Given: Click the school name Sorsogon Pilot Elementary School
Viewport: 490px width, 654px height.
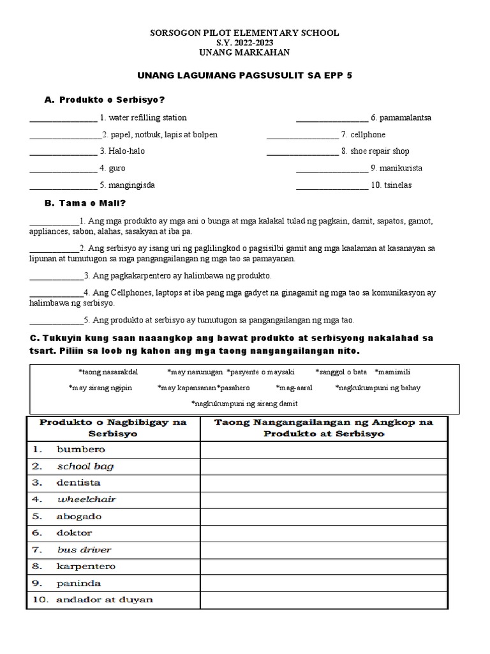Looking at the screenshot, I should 244,33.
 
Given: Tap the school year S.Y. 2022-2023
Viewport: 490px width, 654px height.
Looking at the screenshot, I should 244,43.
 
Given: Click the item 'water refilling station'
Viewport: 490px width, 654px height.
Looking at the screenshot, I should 147,118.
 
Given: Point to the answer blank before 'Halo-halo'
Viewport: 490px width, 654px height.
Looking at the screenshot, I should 63,152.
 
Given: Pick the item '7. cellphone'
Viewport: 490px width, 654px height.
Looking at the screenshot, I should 363,135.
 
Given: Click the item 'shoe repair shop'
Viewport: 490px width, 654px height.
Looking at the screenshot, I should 380,151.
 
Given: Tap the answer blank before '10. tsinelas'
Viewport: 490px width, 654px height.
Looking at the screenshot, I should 332,186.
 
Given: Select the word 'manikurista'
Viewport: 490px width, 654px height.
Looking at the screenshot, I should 400,169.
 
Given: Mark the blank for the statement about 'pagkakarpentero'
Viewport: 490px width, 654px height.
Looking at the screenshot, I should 56,277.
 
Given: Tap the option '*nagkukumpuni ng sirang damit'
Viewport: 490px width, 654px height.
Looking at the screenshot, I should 244,404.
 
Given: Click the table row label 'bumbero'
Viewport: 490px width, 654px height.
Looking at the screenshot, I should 81,449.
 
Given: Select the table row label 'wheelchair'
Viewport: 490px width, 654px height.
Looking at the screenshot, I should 86,499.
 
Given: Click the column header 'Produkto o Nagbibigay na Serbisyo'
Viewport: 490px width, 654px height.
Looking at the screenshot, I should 113,427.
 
